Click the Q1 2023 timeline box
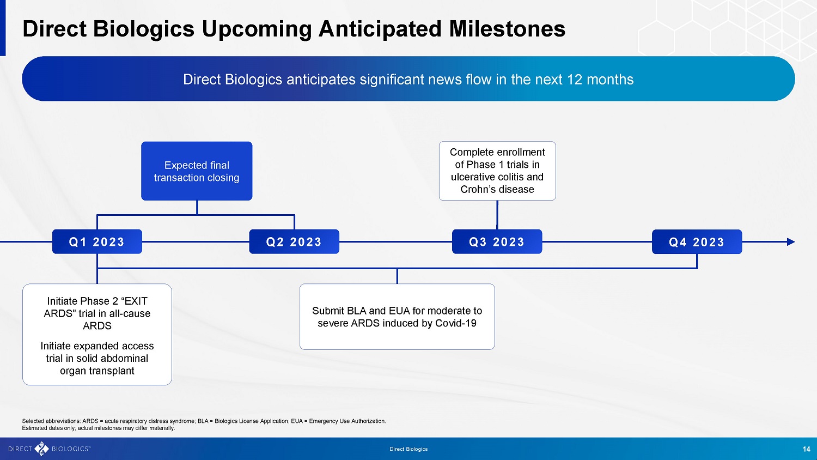click(x=97, y=241)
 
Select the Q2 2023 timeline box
click(x=294, y=241)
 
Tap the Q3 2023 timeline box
click(x=497, y=241)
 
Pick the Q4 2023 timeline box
click(x=697, y=241)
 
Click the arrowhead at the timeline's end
click(x=791, y=241)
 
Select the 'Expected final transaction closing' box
click(x=197, y=171)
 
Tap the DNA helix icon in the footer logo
click(x=41, y=449)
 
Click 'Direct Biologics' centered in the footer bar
click(x=408, y=449)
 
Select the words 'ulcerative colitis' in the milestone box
click(x=489, y=177)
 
